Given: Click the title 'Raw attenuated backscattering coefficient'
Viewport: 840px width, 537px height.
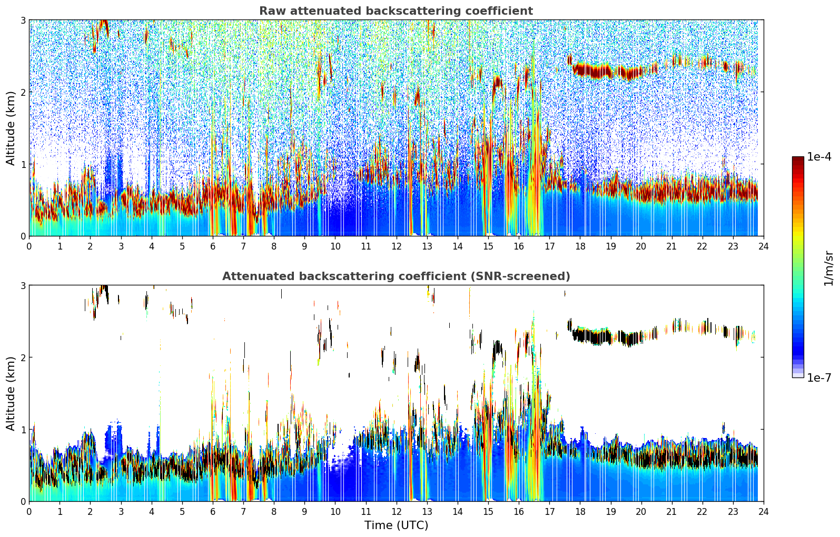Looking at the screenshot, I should [x=396, y=11].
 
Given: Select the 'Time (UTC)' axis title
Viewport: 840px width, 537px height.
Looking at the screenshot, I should [x=396, y=525].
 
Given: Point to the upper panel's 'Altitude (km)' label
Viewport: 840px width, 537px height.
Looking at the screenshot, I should [x=11, y=128].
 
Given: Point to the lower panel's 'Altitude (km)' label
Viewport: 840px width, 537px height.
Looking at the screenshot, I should [x=11, y=393].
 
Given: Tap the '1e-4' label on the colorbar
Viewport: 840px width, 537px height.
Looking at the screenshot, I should [x=819, y=157].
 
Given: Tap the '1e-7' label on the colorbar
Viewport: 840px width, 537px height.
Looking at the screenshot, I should [x=819, y=377].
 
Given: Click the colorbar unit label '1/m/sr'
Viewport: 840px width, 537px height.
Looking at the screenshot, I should [x=828, y=268].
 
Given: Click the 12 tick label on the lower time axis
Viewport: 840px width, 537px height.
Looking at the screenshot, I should [x=396, y=512].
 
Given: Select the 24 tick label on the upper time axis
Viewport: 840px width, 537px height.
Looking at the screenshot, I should [x=763, y=246].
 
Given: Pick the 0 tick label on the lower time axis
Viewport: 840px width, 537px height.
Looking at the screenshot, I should [x=29, y=512].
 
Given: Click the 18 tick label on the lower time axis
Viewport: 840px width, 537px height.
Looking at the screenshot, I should [x=580, y=512].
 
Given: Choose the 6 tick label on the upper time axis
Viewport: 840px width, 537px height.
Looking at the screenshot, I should [x=213, y=246].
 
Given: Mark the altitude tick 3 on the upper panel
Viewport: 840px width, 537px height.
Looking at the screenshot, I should [x=23, y=20].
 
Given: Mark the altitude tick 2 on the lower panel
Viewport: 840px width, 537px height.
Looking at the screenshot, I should [x=23, y=357].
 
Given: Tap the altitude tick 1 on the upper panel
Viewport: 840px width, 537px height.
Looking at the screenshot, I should [x=23, y=164].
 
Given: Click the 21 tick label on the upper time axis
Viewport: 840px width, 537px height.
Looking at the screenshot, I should [x=671, y=246].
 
